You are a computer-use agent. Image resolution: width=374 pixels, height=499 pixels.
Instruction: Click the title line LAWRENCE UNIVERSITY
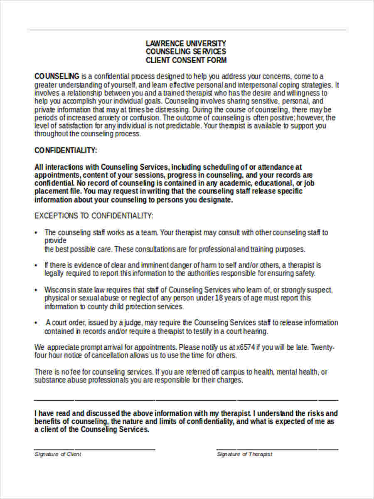pos(186,43)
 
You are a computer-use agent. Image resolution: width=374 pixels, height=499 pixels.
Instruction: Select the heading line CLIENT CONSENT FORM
pos(186,60)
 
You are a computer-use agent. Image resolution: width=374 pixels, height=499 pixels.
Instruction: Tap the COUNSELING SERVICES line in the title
pos(186,52)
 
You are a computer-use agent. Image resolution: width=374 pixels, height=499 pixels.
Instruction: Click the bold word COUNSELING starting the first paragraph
pos(57,76)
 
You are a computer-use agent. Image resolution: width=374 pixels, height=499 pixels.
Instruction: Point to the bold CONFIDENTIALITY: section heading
pos(66,150)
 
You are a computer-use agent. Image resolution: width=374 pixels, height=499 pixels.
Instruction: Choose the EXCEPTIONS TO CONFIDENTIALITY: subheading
pos(93,216)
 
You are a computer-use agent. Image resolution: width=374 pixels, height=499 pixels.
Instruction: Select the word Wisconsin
pos(60,290)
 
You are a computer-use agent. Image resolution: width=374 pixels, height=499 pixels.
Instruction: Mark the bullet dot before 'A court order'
pos(37,323)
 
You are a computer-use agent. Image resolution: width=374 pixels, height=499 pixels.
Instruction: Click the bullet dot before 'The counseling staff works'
pos(37,232)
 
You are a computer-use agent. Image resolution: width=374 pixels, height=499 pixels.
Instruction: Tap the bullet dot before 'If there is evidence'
pos(37,265)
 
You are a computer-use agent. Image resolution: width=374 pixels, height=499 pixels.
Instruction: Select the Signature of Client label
pos(58,454)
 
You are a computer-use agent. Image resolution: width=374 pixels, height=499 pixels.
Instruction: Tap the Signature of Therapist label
pos(244,454)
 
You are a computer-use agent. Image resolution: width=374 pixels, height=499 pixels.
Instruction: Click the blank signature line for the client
pos(95,450)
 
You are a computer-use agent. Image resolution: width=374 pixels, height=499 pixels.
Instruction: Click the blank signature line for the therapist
pos(277,450)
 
